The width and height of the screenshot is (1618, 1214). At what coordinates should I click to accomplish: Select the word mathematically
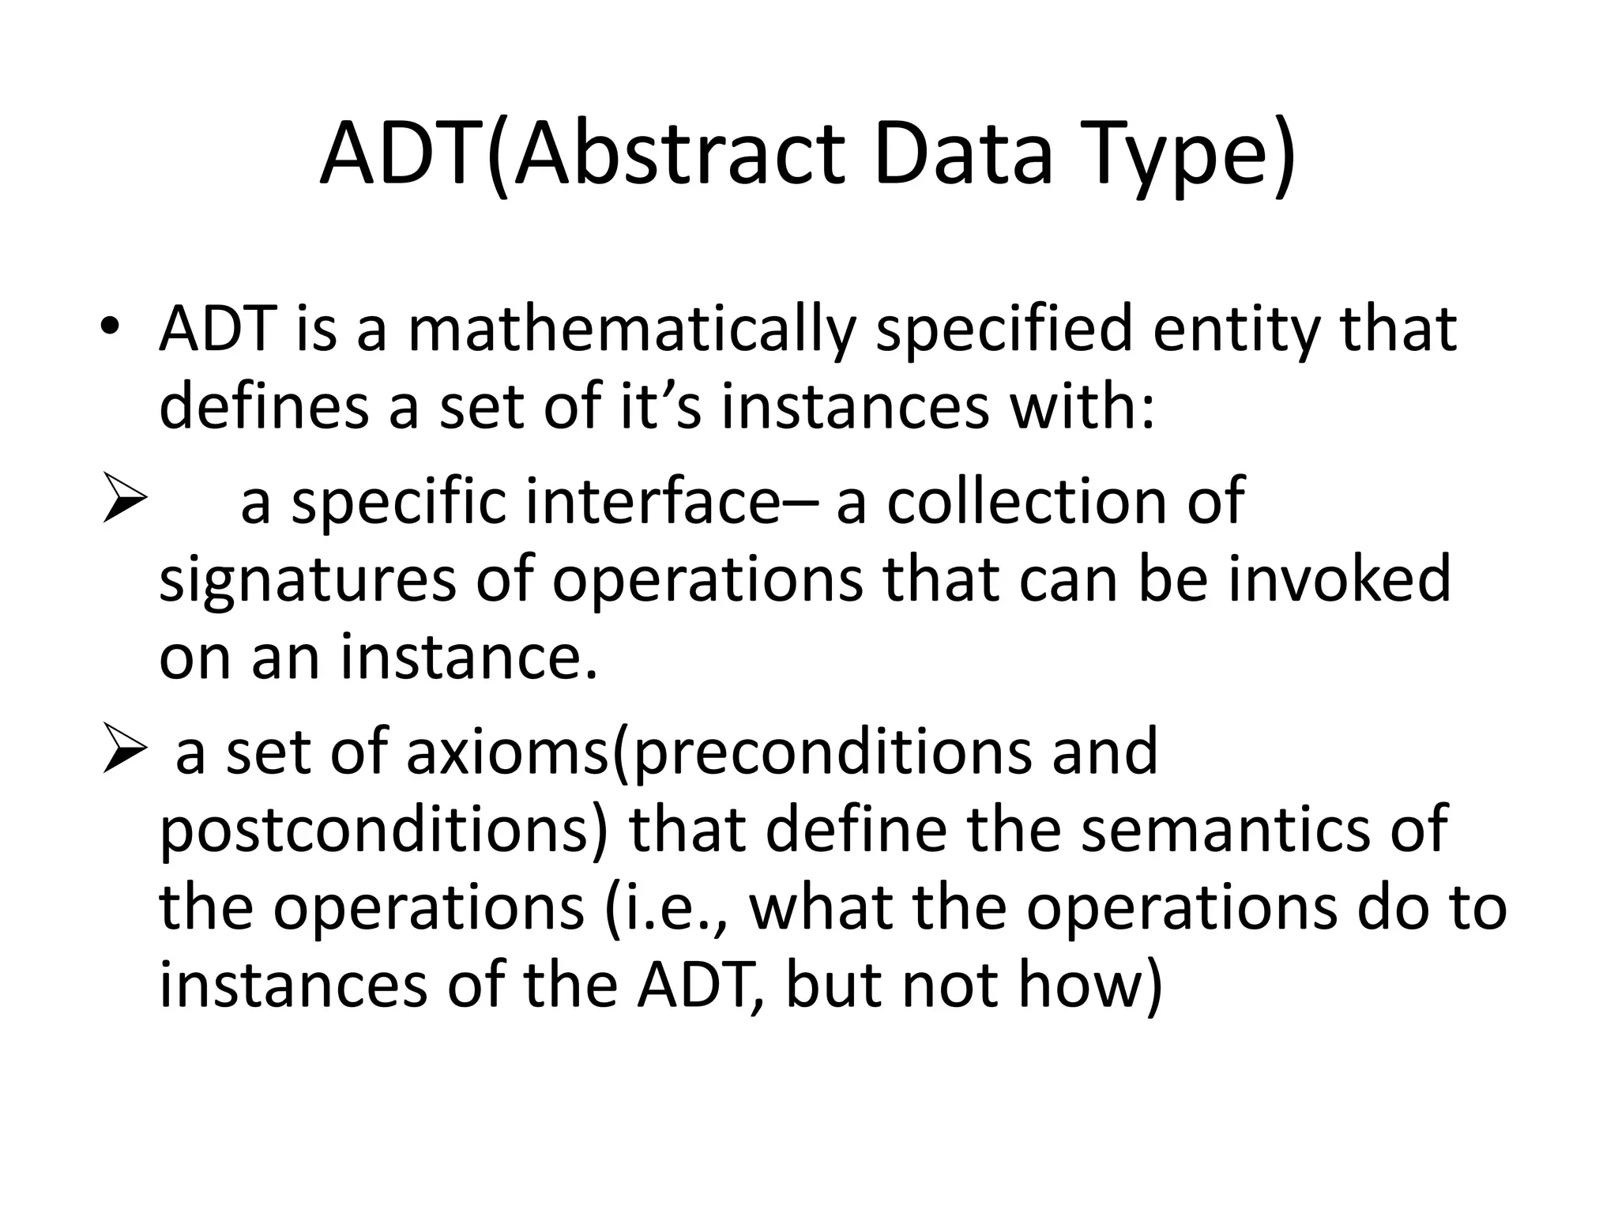pos(632,330)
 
